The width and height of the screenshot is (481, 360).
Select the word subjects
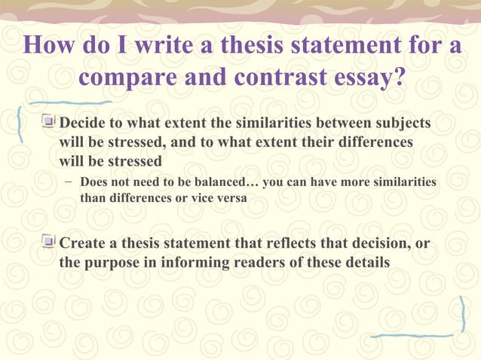405,123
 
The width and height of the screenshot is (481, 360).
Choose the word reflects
278,243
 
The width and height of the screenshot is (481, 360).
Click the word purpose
115,263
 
